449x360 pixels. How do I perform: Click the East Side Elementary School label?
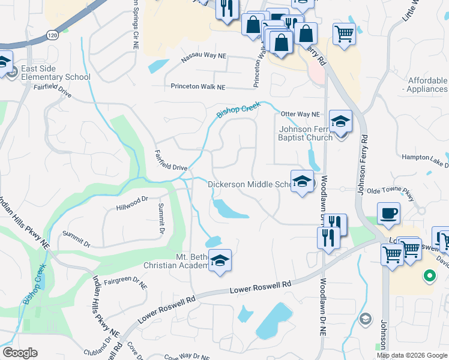pyautogui.click(x=55, y=73)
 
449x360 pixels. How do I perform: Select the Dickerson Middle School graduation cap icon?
pyautogui.click(x=302, y=181)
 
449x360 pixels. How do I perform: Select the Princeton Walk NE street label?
pyautogui.click(x=197, y=87)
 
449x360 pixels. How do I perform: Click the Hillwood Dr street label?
pyautogui.click(x=132, y=202)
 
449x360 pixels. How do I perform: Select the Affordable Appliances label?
pyautogui.click(x=427, y=85)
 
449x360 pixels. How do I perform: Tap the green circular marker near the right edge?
pyautogui.click(x=429, y=277)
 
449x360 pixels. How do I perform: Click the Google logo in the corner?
pyautogui.click(x=19, y=353)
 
